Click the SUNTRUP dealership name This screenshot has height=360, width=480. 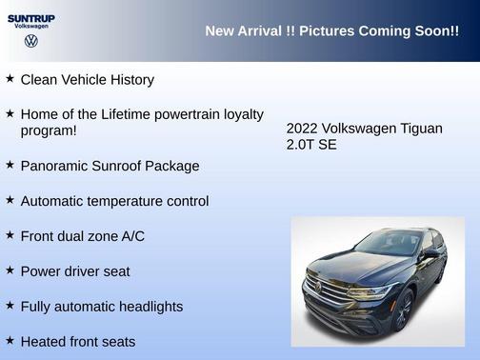pyautogui.click(x=31, y=17)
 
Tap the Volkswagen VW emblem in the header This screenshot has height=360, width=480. pyautogui.click(x=31, y=41)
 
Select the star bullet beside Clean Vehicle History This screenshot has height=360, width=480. pyautogui.click(x=10, y=79)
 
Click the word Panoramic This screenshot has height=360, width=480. pyautogui.click(x=54, y=166)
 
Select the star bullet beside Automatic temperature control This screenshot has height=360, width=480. pyautogui.click(x=10, y=200)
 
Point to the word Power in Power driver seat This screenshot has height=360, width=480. pyautogui.click(x=41, y=271)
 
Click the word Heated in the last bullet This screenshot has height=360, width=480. pyautogui.click(x=44, y=341)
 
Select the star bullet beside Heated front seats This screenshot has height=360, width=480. pyautogui.click(x=10, y=340)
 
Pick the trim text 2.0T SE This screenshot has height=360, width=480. pyautogui.click(x=311, y=146)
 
